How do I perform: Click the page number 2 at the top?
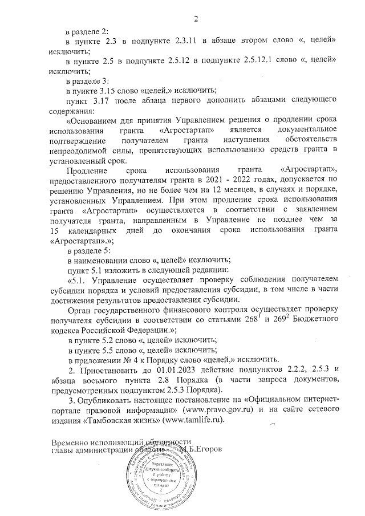click(x=195, y=21)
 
